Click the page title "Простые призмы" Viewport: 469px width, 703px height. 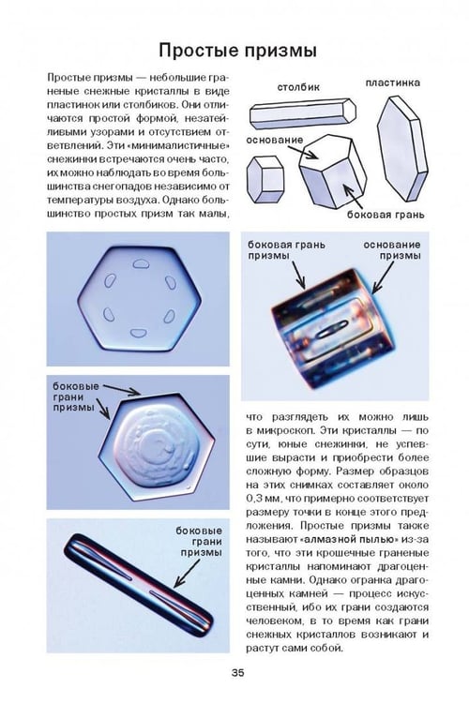click(237, 51)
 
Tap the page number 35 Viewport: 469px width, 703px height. click(238, 672)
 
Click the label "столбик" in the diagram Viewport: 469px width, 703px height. click(298, 87)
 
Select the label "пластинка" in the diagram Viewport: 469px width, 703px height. click(392, 82)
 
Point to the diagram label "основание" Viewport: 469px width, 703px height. click(275, 140)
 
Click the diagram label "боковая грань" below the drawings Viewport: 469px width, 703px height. click(386, 215)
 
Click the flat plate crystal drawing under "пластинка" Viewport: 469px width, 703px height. click(402, 149)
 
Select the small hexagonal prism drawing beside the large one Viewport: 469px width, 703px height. click(265, 179)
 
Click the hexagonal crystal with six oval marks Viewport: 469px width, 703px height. click(140, 299)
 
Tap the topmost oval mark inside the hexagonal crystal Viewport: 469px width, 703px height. click(141, 264)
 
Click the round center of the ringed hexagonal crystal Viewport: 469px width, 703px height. click(157, 446)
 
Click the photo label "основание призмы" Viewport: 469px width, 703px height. click(392, 250)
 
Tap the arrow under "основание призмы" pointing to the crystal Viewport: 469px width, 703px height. click(383, 277)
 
